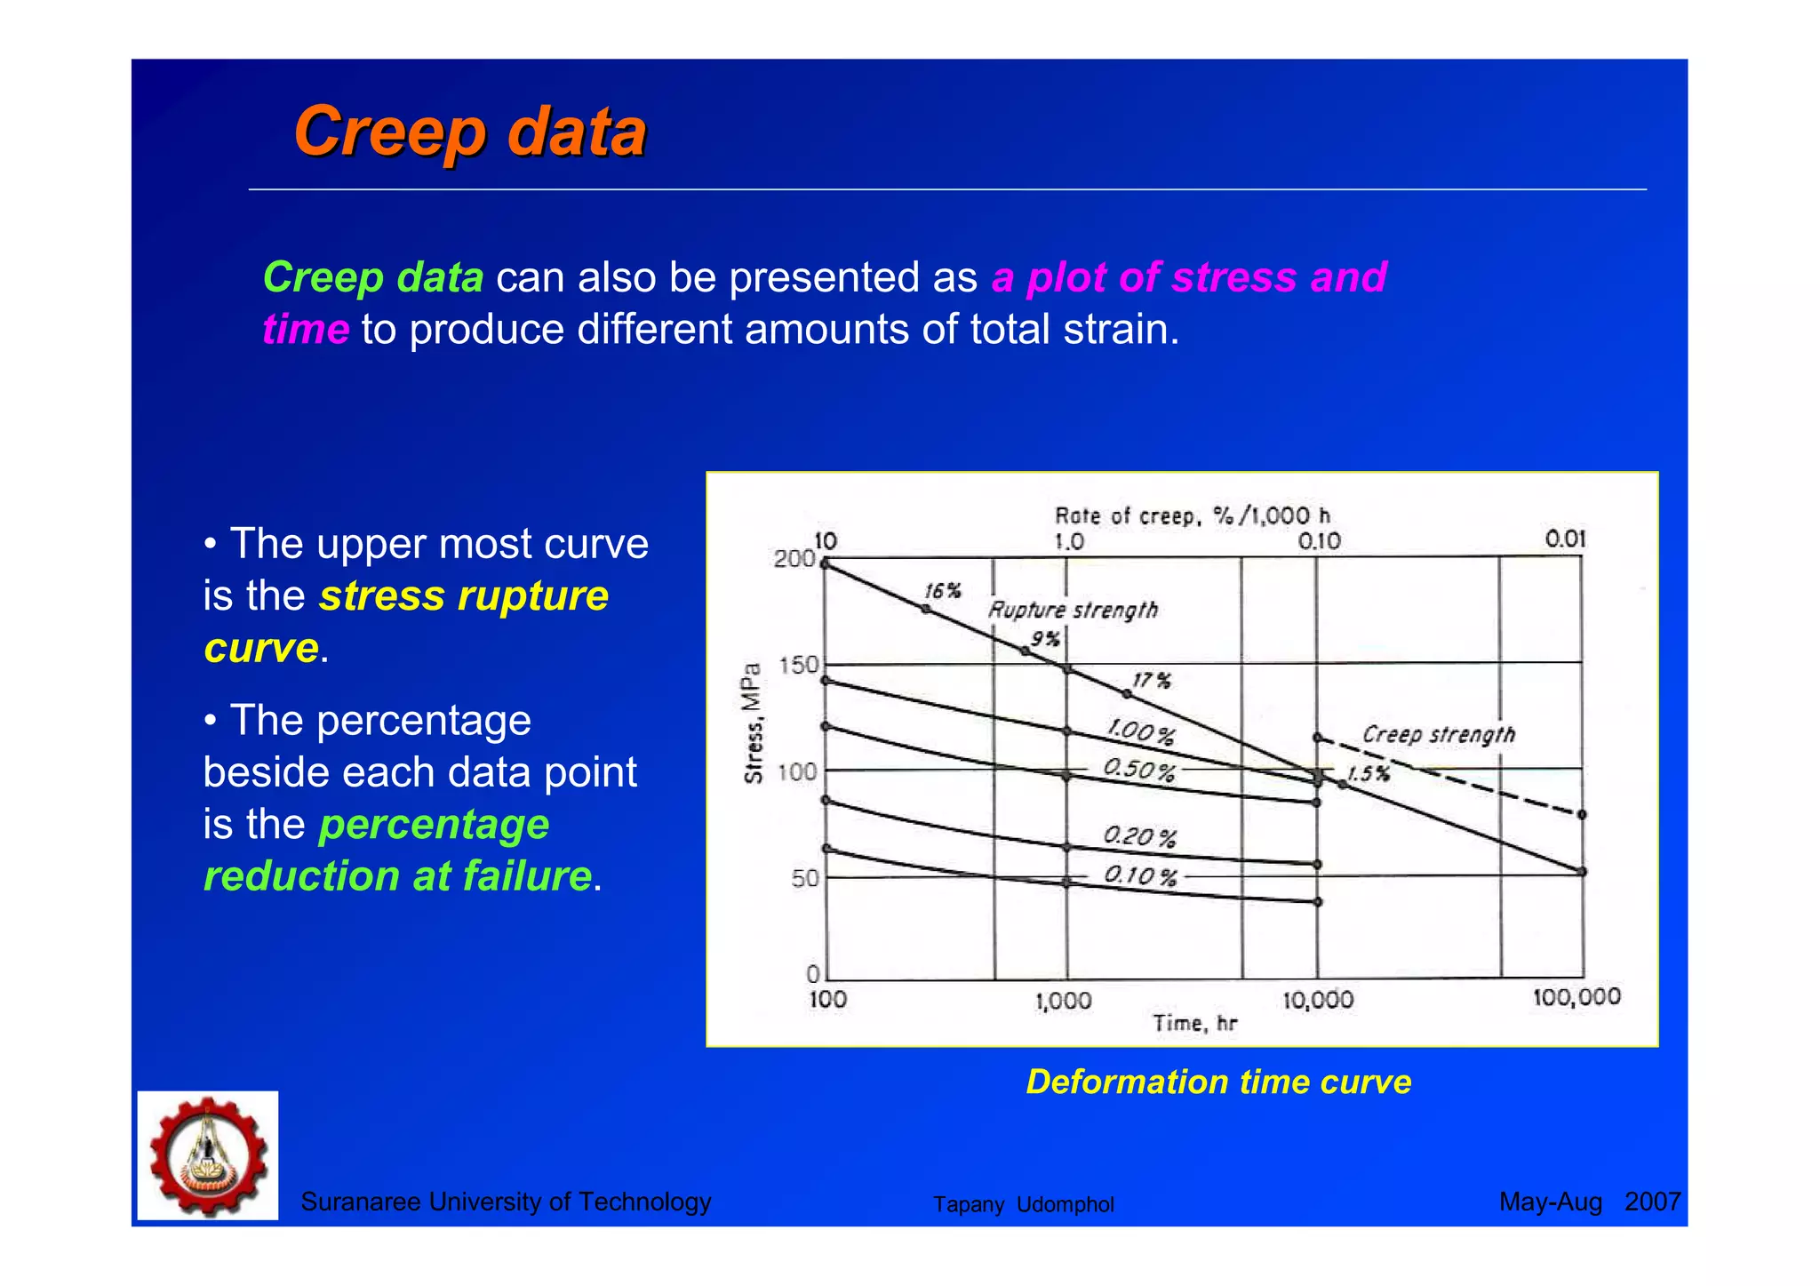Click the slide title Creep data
(469, 132)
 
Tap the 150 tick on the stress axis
(798, 666)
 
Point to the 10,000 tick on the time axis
(1318, 1000)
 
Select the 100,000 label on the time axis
(1577, 997)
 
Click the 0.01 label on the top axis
(1565, 539)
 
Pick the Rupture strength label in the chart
(1074, 610)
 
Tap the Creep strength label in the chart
(1439, 734)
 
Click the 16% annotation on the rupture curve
(942, 591)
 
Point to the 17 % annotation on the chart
(1152, 681)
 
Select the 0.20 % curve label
(1139, 836)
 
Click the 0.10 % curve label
(1140, 876)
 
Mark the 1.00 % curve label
(1140, 732)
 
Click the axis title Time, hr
(1194, 1024)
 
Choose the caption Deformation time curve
(1218, 1082)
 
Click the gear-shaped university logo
(208, 1155)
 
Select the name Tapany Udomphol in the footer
(1023, 1204)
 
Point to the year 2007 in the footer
(1652, 1202)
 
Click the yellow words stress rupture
(464, 595)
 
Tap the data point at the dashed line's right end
(1582, 814)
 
